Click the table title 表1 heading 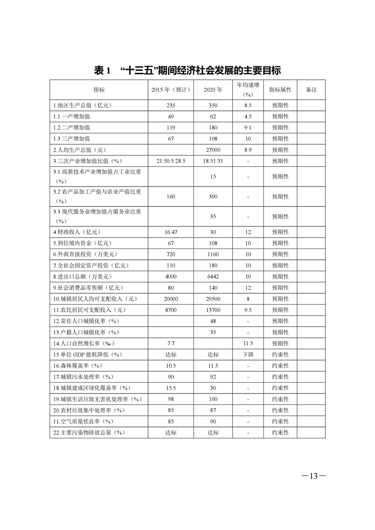point(187,71)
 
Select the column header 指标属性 point(280,90)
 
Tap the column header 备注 point(311,90)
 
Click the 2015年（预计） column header point(171,90)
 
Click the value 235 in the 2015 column point(171,105)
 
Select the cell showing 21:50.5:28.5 point(171,161)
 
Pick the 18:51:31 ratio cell point(213,161)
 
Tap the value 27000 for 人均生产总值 point(213,150)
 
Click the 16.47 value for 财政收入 point(171,232)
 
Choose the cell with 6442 point(213,276)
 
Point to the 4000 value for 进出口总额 point(171,276)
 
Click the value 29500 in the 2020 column point(213,299)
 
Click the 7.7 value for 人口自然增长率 point(171,343)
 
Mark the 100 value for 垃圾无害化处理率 point(213,399)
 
